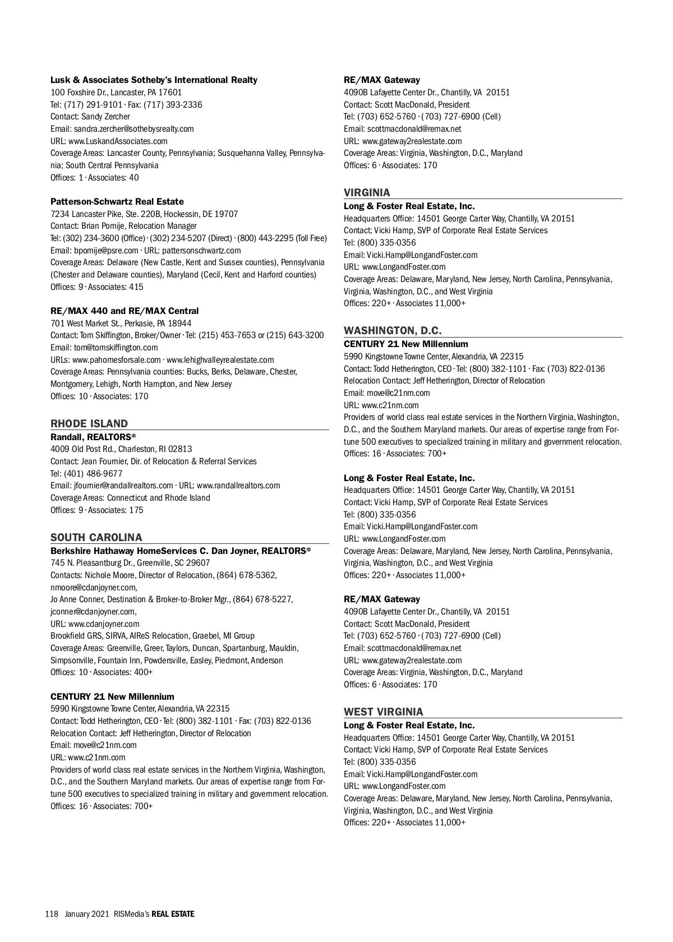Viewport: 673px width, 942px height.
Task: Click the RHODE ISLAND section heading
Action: [89, 424]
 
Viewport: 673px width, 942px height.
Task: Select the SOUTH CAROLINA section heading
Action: [96, 538]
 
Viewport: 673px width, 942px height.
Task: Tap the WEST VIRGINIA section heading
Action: [384, 712]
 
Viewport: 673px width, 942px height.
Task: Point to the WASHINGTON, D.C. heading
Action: [393, 331]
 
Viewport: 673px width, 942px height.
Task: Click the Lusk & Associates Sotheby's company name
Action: [154, 80]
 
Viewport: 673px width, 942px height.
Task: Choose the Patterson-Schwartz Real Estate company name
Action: [117, 202]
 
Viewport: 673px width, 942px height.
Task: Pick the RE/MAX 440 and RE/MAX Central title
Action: [125, 311]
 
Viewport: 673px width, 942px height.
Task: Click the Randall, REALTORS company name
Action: [93, 436]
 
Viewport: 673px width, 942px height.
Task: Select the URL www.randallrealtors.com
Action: [238, 486]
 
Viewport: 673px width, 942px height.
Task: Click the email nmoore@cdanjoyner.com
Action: [93, 588]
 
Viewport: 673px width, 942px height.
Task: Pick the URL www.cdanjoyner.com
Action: [104, 624]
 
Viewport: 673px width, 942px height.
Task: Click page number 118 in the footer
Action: [52, 914]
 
